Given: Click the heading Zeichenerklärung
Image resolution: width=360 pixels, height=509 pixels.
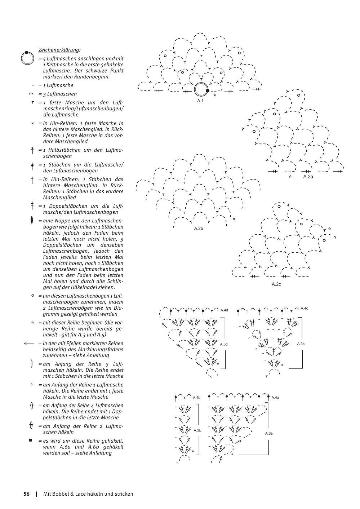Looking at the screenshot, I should tap(59, 50).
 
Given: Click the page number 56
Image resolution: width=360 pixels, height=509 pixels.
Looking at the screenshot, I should tap(26, 494).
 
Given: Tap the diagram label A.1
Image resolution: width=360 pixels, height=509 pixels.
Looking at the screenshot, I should tap(200, 101).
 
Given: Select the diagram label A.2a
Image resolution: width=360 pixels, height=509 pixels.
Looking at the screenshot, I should tap(308, 177).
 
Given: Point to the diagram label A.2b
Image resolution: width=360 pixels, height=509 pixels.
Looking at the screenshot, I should tap(199, 229).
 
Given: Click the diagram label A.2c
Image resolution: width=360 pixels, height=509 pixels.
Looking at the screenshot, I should tap(276, 284).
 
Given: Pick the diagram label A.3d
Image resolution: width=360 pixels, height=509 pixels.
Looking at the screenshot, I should tap(224, 344).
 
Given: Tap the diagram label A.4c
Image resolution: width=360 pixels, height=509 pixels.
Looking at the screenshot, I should tap(304, 309).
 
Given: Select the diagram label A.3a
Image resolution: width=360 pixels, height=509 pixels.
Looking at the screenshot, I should tap(269, 433).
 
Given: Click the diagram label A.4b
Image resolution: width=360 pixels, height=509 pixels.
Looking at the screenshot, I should tap(196, 398).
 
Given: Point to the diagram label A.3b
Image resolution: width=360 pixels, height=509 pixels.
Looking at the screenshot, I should tap(197, 430).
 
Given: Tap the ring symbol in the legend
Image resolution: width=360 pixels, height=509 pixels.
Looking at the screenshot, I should tap(27, 58).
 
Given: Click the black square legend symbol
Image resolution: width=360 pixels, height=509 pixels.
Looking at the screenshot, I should tap(31, 440).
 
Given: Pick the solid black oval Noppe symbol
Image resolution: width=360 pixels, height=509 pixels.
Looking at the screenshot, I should tap(32, 220).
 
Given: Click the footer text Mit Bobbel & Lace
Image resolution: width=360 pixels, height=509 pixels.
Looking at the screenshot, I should tap(88, 494).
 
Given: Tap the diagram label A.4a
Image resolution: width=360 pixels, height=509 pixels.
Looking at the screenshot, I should tap(275, 398).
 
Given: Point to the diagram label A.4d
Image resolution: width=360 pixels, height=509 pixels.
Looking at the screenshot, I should tap(224, 310).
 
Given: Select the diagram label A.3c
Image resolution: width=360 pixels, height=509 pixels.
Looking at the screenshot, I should tap(301, 344).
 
